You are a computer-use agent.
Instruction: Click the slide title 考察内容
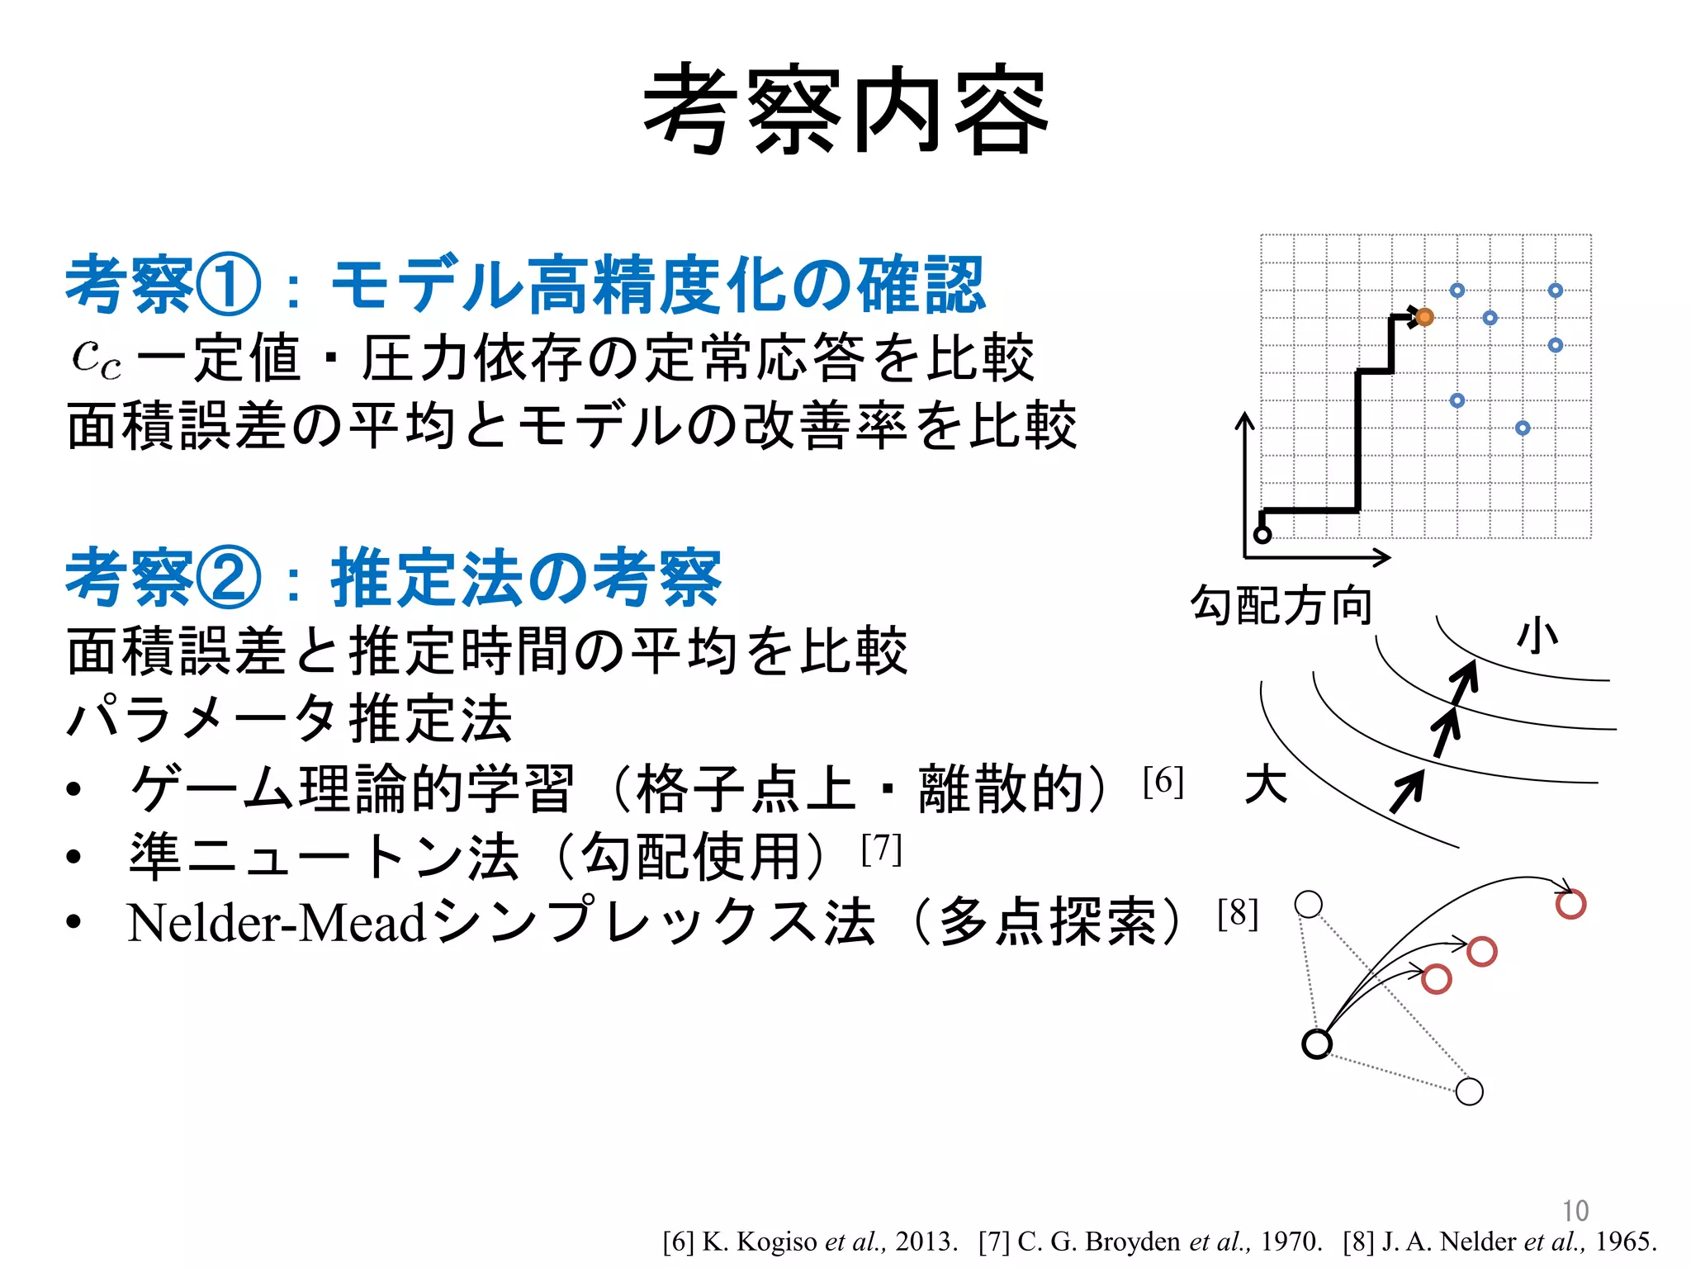point(845,111)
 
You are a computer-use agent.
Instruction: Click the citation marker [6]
point(1163,780)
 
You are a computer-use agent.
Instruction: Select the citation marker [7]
point(881,849)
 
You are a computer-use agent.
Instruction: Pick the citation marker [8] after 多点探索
point(1238,914)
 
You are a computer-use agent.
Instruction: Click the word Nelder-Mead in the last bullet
point(277,923)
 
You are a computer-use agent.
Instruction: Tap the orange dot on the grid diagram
point(1424,317)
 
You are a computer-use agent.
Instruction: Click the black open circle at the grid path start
point(1262,534)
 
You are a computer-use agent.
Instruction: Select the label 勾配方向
point(1281,605)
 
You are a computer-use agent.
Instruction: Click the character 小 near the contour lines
point(1537,637)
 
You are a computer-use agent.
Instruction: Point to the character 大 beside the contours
point(1266,783)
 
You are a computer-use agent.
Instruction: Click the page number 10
point(1575,1210)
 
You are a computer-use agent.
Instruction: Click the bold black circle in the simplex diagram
point(1317,1043)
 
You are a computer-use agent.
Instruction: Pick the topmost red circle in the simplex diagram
point(1570,904)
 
